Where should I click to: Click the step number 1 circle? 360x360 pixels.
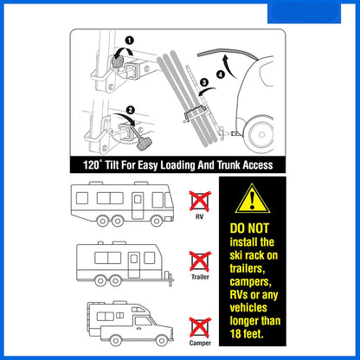click(130, 41)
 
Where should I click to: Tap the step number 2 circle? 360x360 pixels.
click(131, 110)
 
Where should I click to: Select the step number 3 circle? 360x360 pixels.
click(204, 82)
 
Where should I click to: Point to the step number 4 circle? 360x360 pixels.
click(221, 74)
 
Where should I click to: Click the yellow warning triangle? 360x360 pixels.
click(253, 199)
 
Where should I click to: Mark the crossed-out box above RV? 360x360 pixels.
click(200, 201)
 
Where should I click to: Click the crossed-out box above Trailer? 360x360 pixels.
click(200, 261)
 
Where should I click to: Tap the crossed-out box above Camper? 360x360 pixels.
click(200, 328)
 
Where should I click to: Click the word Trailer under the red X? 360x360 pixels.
click(200, 277)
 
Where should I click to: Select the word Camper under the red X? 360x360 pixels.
click(200, 343)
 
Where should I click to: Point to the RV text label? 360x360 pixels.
click(199, 216)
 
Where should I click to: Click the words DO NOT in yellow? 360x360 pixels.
click(249, 228)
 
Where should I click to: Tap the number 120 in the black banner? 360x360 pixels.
click(91, 165)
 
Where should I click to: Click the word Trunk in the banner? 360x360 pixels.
click(228, 165)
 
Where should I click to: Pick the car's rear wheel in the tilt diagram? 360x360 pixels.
click(261, 134)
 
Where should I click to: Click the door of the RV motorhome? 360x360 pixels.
click(138, 206)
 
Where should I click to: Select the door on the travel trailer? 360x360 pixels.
click(134, 265)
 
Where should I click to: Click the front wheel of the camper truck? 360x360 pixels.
click(162, 341)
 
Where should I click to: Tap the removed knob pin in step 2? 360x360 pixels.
click(143, 142)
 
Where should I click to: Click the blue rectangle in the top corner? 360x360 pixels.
click(304, 13)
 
